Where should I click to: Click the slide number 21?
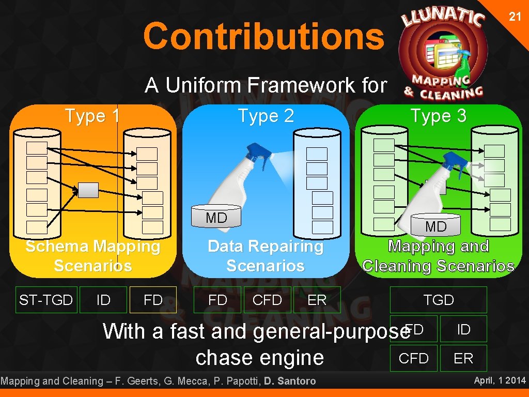[515, 17]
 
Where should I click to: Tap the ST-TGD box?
[46, 300]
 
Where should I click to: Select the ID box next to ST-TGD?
[103, 300]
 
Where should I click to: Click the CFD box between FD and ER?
[267, 300]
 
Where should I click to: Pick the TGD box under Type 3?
[438, 300]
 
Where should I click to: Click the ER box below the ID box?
[463, 358]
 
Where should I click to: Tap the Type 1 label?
[92, 116]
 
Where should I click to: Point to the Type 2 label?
[266, 116]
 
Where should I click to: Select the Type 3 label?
[438, 116]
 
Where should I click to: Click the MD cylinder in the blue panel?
[216, 218]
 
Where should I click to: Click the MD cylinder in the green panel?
[435, 226]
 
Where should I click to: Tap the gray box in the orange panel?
[88, 190]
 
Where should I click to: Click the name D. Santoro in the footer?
[290, 381]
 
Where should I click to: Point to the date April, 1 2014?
[500, 381]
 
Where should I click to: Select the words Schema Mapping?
[93, 247]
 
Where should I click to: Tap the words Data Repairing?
[266, 247]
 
